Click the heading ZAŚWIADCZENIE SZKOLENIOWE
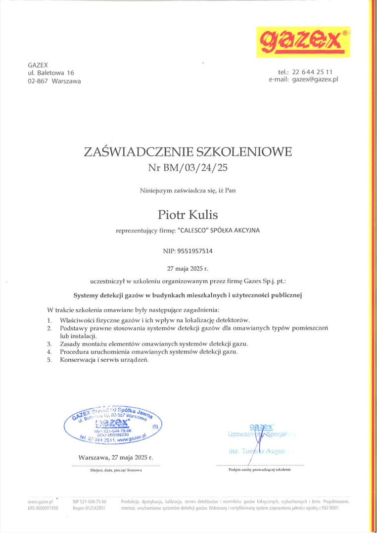click(188, 151)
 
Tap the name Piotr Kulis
click(188, 214)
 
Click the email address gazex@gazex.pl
click(315, 79)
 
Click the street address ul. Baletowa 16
click(51, 73)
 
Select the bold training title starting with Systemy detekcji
click(188, 295)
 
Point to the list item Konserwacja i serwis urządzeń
click(104, 360)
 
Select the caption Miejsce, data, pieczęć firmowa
click(116, 470)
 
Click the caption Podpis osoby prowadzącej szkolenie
click(260, 470)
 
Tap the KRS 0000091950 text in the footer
click(43, 508)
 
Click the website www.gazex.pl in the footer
click(41, 501)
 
